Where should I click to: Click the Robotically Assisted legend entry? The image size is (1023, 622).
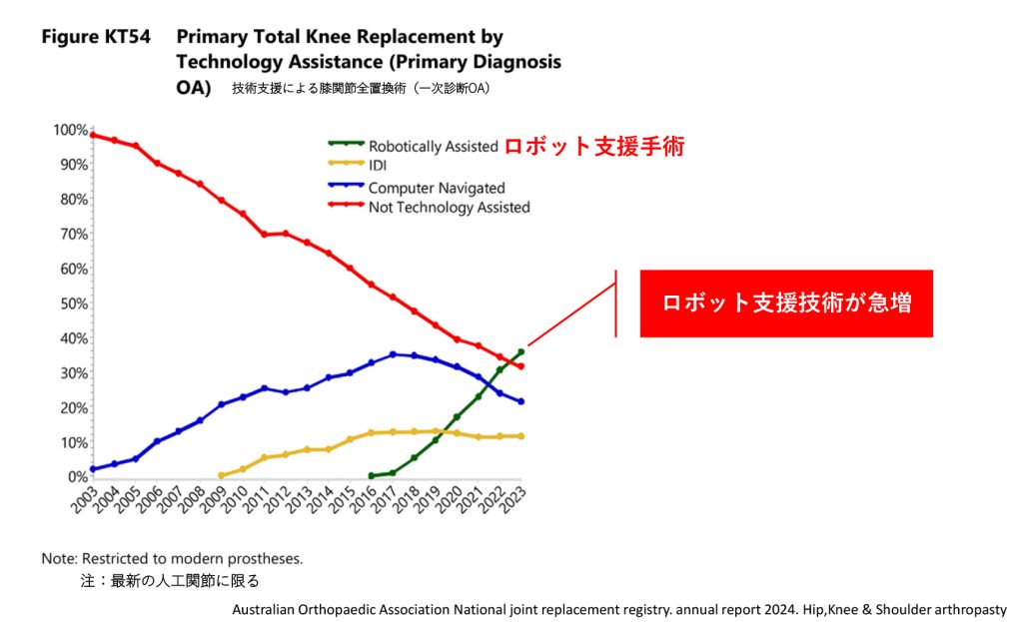pos(433,146)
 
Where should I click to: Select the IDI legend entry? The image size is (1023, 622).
pos(378,166)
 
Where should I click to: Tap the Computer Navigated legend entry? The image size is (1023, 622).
pos(437,188)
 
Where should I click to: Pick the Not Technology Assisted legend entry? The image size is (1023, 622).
pos(449,208)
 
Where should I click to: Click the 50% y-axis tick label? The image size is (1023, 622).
pos(72,304)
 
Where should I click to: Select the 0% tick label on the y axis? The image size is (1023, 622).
pos(76,477)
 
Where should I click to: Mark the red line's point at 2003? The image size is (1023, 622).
pos(92,135)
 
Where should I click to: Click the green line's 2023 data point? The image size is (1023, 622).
pos(521,351)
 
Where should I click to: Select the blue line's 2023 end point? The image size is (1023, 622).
pos(521,401)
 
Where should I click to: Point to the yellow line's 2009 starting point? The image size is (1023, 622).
pos(221,475)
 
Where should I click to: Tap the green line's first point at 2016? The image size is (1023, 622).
pos(371,476)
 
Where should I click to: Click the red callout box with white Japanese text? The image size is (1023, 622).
pos(786,304)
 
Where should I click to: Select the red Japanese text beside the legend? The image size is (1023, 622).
pos(593,146)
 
